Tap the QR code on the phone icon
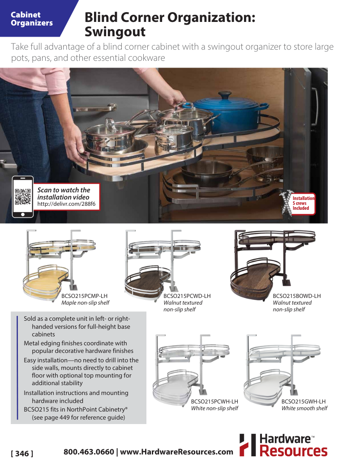tap(22, 197)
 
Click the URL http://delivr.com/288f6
tap(66, 204)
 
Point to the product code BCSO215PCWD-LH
tap(187, 296)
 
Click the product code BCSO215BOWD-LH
tap(296, 296)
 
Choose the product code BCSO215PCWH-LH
tap(214, 401)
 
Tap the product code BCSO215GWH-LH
tap(303, 401)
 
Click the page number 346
tap(22, 454)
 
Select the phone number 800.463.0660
tap(89, 452)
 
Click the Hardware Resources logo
tap(283, 445)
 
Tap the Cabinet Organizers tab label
tap(32, 19)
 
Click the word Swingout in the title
tap(115, 32)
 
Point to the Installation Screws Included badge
tap(303, 203)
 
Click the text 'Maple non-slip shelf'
tap(85, 303)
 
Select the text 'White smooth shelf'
tap(304, 408)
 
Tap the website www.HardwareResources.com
tap(176, 452)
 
